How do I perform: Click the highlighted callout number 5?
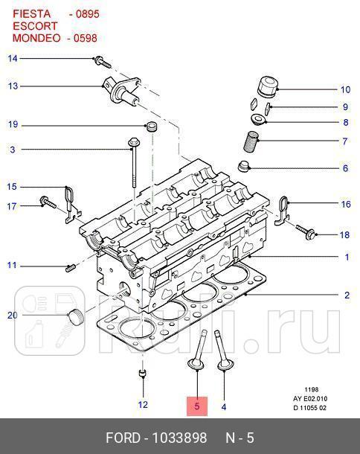coord(197,406)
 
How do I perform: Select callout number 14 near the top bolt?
coord(13,58)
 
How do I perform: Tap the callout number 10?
coord(345,90)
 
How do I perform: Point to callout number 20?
coord(13,316)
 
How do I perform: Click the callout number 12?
coord(143,405)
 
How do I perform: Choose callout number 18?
coord(344,235)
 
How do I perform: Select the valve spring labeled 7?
coord(253,140)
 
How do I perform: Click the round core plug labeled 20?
coord(73,317)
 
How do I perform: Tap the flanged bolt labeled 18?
coord(308,232)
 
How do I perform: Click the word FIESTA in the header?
coord(31,13)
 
